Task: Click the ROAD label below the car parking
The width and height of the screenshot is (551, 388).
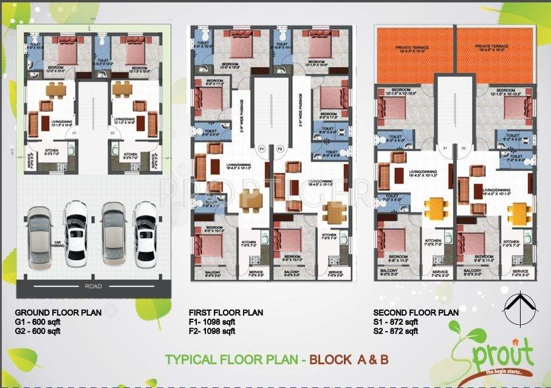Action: (x=93, y=286)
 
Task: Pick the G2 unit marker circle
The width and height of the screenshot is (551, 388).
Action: (x=112, y=132)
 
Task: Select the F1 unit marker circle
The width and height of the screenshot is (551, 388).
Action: (x=262, y=148)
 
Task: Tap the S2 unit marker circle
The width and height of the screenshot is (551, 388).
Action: (x=463, y=148)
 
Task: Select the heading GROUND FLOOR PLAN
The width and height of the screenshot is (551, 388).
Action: (x=59, y=313)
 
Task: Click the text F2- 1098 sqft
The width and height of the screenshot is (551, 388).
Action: (x=211, y=331)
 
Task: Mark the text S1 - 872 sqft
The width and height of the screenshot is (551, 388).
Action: (x=397, y=322)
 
